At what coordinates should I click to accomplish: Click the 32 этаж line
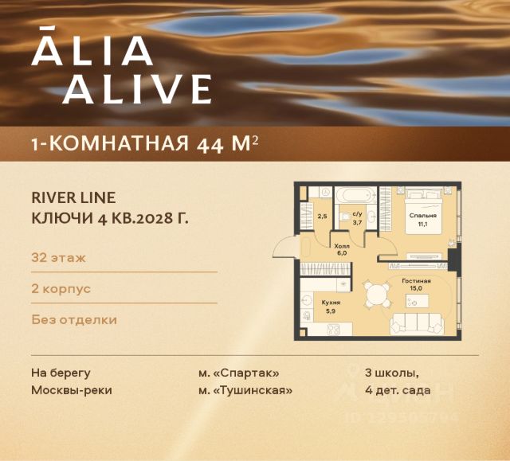(x=59, y=257)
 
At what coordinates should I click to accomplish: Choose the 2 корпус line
(x=61, y=288)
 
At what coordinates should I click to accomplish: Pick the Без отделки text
(x=74, y=320)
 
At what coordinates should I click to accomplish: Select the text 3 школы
(x=391, y=373)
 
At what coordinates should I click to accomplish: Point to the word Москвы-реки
(x=72, y=390)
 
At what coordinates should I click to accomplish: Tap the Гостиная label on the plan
(x=416, y=281)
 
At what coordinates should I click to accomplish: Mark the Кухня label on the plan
(x=331, y=303)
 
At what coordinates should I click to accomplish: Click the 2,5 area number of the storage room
(x=322, y=216)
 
